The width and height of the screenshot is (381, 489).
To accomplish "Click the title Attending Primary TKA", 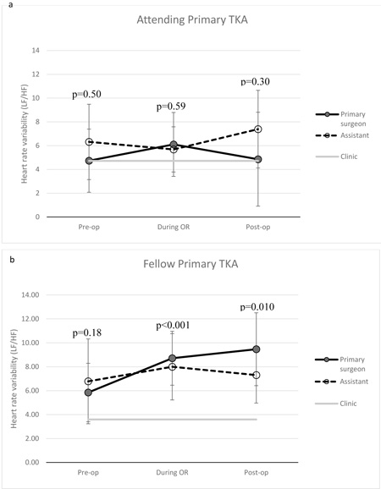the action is [192, 20].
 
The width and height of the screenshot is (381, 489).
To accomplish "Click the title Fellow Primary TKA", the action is [190, 264].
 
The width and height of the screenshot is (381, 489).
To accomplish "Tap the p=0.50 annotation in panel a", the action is [86, 94].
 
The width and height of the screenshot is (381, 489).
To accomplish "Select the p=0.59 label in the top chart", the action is [171, 107].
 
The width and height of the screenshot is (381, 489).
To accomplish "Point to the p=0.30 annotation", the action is [255, 82].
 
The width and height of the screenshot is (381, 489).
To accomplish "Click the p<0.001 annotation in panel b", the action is [173, 326].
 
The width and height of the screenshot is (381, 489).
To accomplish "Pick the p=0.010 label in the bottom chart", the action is [257, 307].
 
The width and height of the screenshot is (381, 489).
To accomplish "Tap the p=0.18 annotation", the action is [87, 333].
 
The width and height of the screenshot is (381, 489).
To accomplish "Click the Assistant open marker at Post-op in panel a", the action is [258, 129].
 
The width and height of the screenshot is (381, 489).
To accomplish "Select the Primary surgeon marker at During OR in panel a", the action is [174, 145].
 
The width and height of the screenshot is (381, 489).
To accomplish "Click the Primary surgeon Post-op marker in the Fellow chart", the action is [257, 349].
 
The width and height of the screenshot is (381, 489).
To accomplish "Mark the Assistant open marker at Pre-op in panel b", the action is [88, 381].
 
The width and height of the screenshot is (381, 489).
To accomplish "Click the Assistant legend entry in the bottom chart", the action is [342, 382].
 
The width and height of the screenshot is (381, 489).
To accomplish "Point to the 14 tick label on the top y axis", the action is [36, 50].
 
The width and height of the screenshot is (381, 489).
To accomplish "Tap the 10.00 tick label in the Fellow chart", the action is [30, 343].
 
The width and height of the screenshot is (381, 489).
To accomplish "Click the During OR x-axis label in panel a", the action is [174, 227].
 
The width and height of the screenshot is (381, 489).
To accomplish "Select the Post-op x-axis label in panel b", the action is [257, 472].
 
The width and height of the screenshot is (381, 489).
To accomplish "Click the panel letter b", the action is [12, 260].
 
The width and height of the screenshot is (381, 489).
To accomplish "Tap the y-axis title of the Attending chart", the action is [25, 134].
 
